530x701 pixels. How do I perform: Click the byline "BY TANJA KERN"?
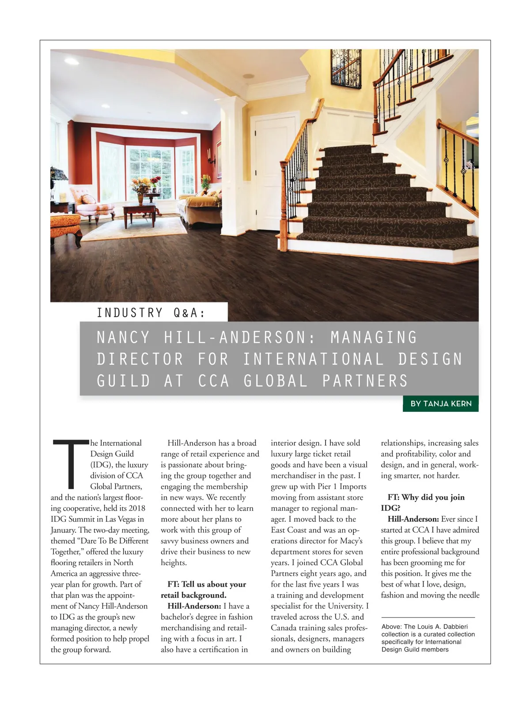tap(441, 403)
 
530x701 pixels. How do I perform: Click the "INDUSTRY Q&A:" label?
tap(151, 313)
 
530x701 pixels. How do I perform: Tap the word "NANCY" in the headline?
tap(123, 338)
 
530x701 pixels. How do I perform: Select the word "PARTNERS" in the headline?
tap(365, 381)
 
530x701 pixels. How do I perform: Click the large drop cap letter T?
tap(70, 461)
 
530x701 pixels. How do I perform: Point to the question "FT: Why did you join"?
tap(426, 497)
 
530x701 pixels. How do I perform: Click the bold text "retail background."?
tap(193, 595)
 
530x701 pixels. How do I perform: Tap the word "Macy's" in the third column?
tap(351, 541)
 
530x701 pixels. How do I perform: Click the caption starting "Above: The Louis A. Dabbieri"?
tap(428, 638)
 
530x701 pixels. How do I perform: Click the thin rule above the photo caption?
tap(428, 617)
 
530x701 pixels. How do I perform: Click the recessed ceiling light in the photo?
tap(249, 76)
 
